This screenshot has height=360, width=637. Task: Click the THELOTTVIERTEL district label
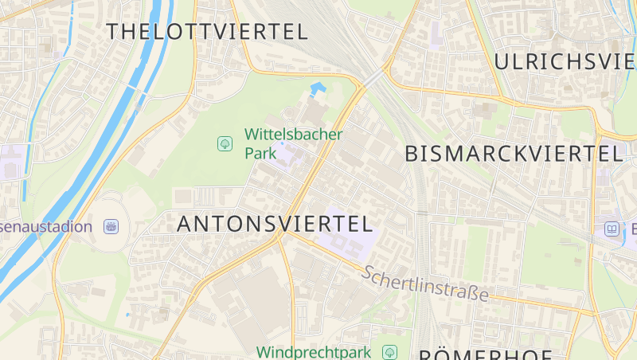(x=206, y=32)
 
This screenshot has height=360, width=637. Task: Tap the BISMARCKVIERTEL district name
(x=513, y=154)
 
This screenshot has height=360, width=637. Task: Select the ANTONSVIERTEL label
(x=274, y=224)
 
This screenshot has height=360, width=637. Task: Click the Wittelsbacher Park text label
(x=293, y=143)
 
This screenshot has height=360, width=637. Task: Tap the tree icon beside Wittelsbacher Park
(x=225, y=143)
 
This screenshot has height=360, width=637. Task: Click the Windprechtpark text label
(x=314, y=351)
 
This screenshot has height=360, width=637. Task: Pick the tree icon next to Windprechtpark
(x=389, y=351)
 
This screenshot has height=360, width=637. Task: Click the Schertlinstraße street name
(x=425, y=284)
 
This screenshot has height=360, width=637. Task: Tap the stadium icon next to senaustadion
(x=111, y=226)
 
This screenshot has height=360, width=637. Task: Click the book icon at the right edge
(x=612, y=229)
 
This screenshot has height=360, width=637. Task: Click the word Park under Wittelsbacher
(x=260, y=152)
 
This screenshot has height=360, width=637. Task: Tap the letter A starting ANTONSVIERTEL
(x=184, y=225)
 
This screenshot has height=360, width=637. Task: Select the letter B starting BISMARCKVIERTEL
(x=412, y=154)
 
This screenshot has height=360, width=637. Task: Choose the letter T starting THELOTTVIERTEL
(x=112, y=32)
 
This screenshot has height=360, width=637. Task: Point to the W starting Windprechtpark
(x=264, y=351)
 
